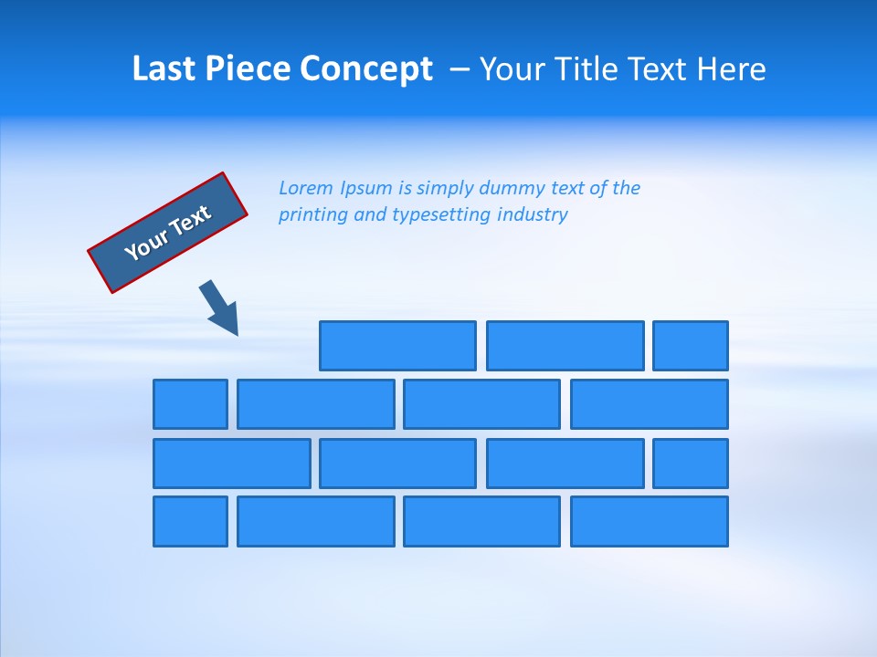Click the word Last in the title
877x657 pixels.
tap(164, 69)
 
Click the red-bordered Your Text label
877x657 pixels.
tap(168, 232)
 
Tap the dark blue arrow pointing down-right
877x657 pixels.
tap(219, 308)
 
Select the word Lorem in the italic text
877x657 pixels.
tap(306, 188)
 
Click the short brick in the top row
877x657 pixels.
tap(691, 346)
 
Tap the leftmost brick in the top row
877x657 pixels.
tap(397, 346)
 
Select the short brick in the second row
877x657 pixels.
tap(190, 404)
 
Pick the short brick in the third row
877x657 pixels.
tap(691, 464)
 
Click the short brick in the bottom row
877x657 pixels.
tap(190, 522)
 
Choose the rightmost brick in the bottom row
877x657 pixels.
tap(650, 522)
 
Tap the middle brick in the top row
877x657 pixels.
tap(565, 346)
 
